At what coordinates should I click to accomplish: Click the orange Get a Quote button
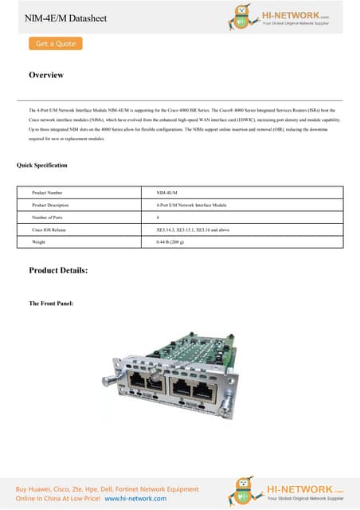click(56, 44)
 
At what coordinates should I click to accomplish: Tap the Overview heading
click(46, 75)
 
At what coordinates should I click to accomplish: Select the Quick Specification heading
click(42, 165)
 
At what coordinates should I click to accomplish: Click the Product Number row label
click(47, 193)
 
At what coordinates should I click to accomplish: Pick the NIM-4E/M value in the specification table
click(167, 193)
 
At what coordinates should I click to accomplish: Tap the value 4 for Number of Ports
click(158, 217)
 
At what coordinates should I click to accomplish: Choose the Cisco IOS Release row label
click(49, 229)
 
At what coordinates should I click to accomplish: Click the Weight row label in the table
click(38, 241)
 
